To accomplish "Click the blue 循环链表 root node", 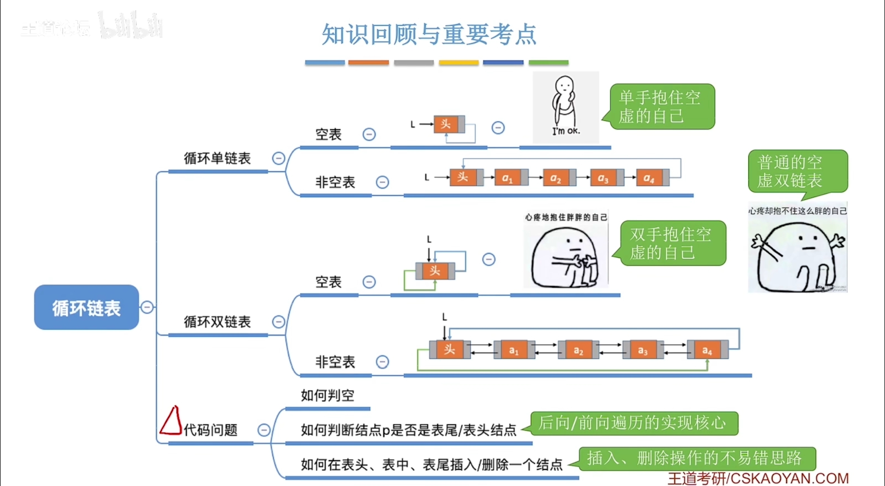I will click(x=86, y=307).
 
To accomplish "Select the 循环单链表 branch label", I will click(x=217, y=159).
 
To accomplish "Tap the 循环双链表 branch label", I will click(x=217, y=322).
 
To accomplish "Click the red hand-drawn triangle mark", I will click(x=171, y=422).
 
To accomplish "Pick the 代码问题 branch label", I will click(x=211, y=430).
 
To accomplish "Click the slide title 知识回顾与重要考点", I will click(x=429, y=34).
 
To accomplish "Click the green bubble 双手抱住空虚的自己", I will click(x=673, y=243).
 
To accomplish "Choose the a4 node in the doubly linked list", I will click(x=707, y=350).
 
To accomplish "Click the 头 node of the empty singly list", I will click(x=446, y=124).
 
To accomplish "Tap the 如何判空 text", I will click(x=327, y=395).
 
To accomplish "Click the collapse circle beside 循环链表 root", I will click(x=147, y=307).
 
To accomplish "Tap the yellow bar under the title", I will click(x=458, y=63).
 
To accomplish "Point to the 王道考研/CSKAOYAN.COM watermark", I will click(x=758, y=478).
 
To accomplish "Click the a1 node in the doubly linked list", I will click(x=514, y=350).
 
